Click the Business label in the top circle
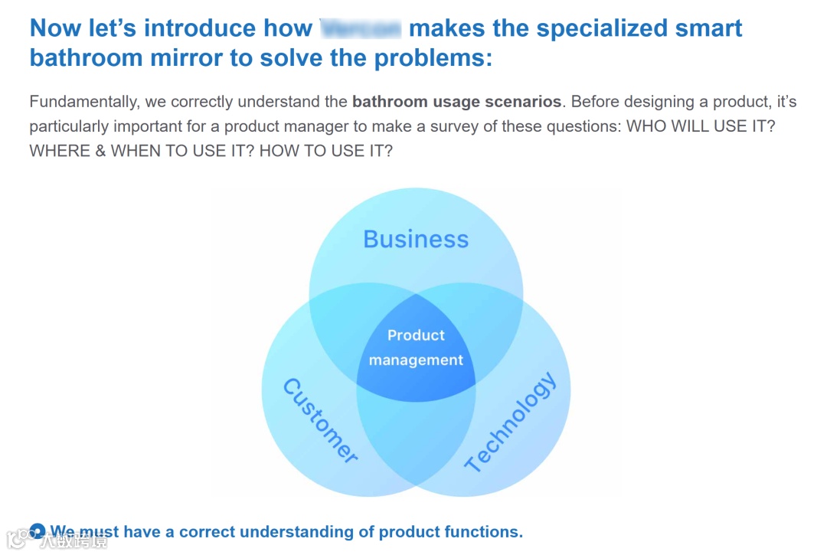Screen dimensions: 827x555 click(x=416, y=239)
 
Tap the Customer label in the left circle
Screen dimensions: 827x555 click(x=320, y=421)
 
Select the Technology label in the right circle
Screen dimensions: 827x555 click(x=510, y=422)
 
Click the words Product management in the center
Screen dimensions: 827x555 click(x=416, y=348)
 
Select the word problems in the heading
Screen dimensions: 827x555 click(x=433, y=58)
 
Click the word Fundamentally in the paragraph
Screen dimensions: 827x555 click(x=84, y=102)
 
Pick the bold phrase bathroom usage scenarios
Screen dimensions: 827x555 click(x=457, y=102)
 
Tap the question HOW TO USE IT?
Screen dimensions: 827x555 click(x=326, y=151)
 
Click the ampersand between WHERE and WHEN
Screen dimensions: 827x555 click(x=100, y=151)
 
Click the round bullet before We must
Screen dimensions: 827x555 click(x=37, y=531)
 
